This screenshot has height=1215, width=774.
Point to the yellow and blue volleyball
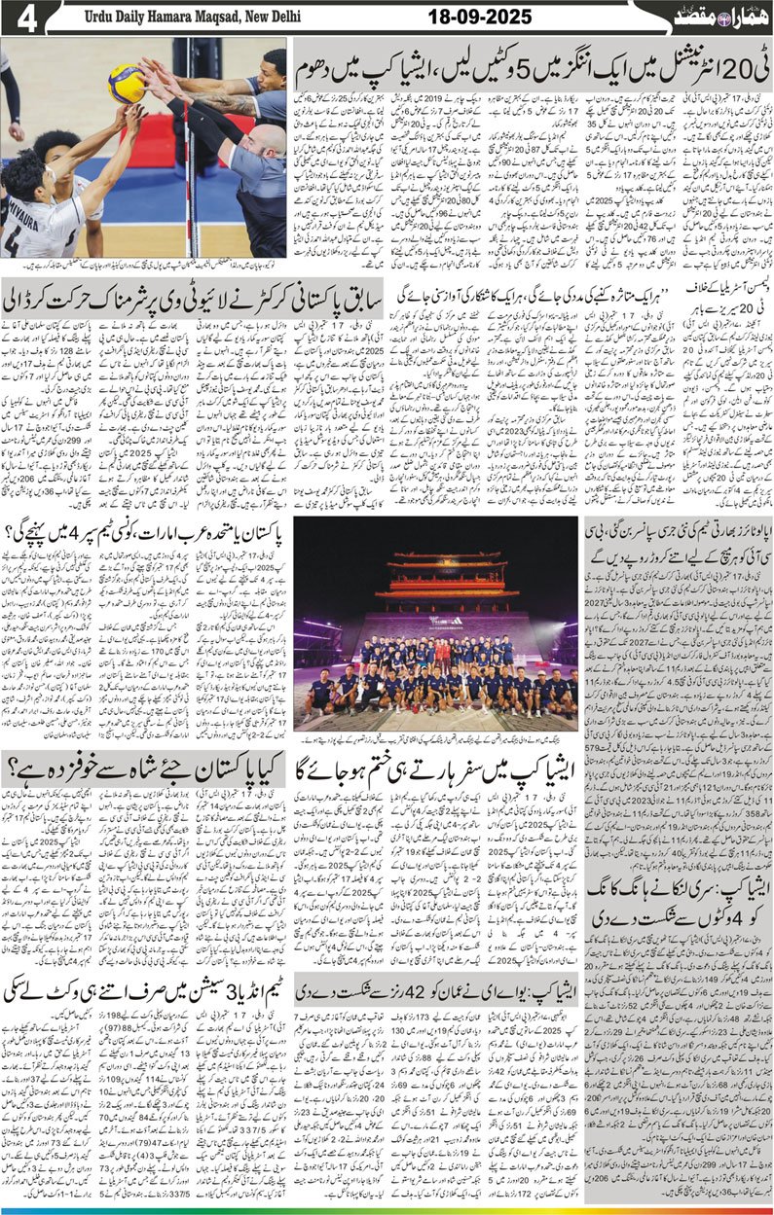pyautogui.click(x=126, y=83)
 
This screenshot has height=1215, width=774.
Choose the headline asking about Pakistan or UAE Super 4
pyautogui.click(x=145, y=531)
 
